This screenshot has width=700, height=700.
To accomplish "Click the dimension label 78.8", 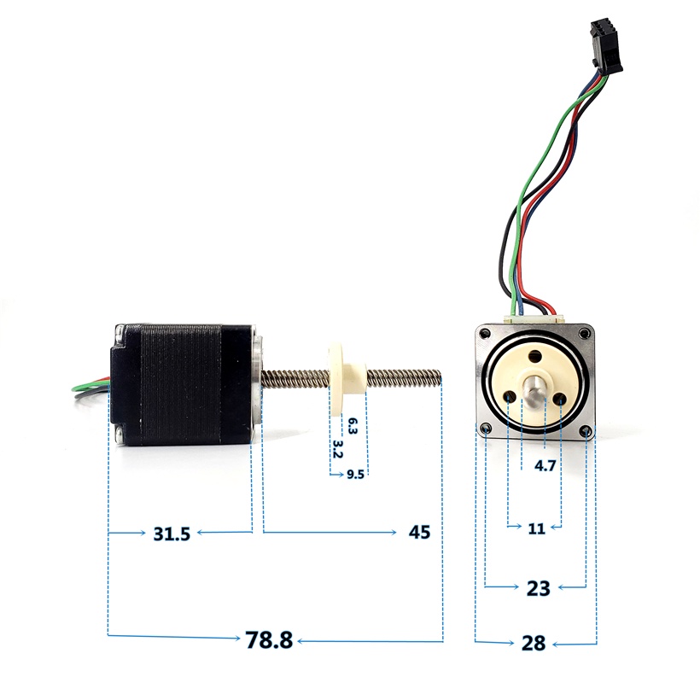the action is point(269,639).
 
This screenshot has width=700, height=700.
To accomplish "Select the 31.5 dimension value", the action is point(172,534).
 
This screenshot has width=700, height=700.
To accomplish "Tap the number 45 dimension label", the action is point(419,532).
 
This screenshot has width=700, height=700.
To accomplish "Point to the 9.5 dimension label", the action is point(355,474).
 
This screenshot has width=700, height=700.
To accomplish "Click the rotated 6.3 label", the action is point(353,426).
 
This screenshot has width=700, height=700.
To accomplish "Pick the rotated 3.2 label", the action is point(337,449).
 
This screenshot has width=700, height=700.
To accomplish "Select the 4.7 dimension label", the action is point(545,465).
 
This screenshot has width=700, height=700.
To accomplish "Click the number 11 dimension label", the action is point(536,528).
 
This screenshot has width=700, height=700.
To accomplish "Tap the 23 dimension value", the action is point(538,588).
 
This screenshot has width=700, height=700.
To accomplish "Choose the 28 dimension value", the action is point(534,644).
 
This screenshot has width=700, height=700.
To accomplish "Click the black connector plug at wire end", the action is point(605,46).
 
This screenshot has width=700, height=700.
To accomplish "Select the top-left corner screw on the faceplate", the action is point(484,333).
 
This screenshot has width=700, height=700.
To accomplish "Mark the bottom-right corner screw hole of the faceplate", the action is point(586,430).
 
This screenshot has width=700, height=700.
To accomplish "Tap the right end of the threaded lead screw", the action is point(440,376).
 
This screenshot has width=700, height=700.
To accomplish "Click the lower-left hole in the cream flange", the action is point(510,397).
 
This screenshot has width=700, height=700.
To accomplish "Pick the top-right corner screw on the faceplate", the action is point(584,333).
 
